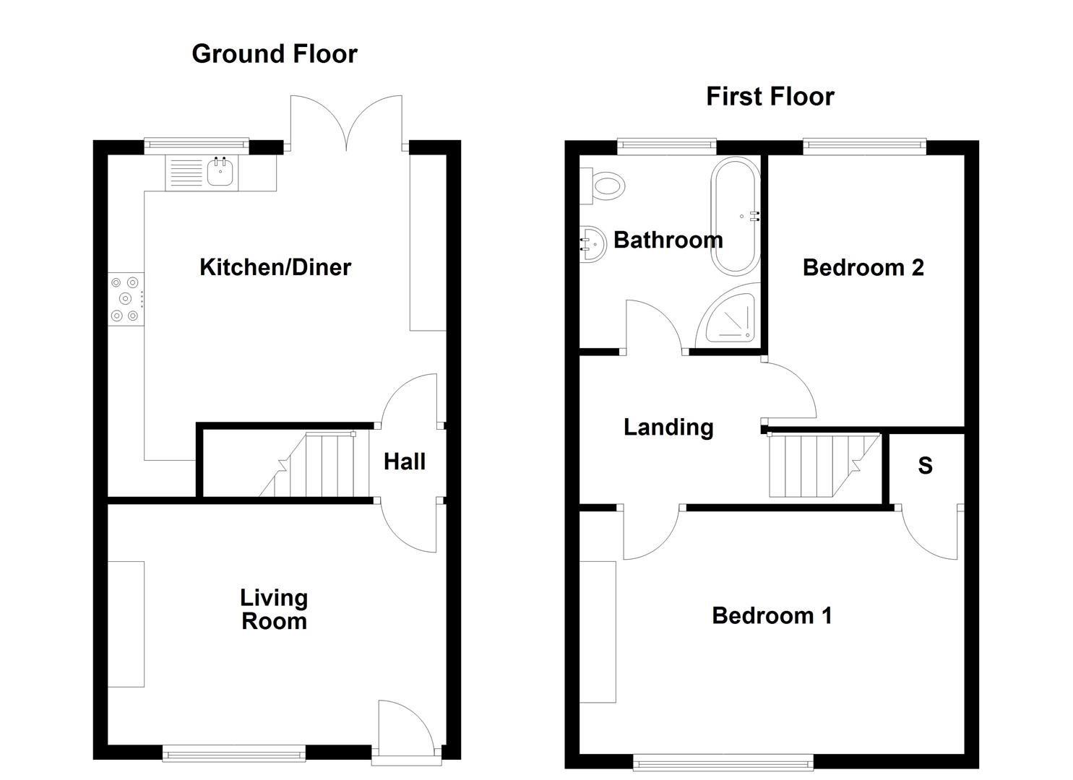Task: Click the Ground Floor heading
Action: (x=274, y=54)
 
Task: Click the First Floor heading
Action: (x=770, y=97)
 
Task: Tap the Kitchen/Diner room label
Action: (x=275, y=267)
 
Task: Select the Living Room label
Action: (x=274, y=610)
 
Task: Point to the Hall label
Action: (x=404, y=461)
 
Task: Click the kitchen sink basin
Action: (x=220, y=173)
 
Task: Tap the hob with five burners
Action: (x=126, y=299)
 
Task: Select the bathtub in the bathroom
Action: (x=736, y=215)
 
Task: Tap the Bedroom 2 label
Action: (x=863, y=268)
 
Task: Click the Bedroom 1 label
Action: (x=772, y=615)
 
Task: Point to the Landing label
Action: (x=668, y=427)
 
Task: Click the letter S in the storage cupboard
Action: (x=925, y=466)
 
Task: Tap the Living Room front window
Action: (x=234, y=754)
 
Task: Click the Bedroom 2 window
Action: (x=864, y=147)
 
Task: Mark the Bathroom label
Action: (x=668, y=240)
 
